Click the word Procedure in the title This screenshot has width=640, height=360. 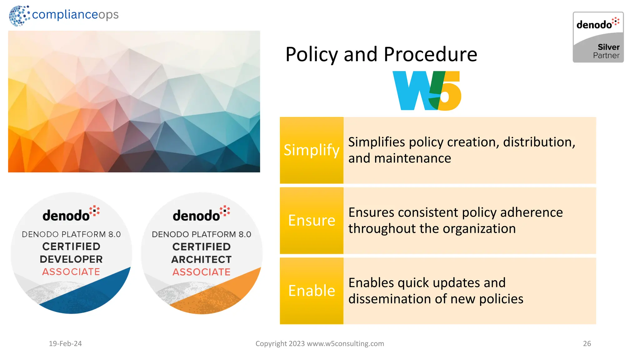click(430, 54)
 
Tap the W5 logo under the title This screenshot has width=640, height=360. click(427, 91)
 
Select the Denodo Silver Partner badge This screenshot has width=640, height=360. click(598, 37)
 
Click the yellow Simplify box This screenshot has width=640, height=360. click(312, 150)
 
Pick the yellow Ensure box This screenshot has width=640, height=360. click(312, 221)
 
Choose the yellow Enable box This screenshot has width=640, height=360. click(312, 291)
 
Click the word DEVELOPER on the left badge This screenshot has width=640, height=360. click(71, 259)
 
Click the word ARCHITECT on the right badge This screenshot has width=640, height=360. click(202, 259)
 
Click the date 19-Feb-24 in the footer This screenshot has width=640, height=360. click(65, 343)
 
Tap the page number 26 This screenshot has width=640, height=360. click(587, 343)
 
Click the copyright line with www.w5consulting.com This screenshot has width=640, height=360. click(320, 343)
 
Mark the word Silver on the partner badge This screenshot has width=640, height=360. click(608, 47)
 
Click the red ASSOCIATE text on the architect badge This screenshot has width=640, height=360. click(202, 272)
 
